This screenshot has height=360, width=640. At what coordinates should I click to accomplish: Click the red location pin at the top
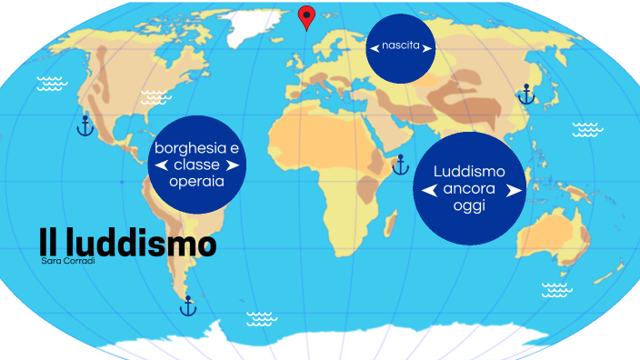tap(307, 15)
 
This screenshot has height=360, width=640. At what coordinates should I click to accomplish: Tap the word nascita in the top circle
tap(401, 45)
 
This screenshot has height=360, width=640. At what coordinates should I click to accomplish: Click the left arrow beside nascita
tap(374, 46)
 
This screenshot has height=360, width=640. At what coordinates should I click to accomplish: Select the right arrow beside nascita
tap(428, 46)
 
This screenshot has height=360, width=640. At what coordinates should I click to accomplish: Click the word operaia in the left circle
tap(196, 182)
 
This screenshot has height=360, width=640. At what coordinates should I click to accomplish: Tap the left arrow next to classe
tap(161, 165)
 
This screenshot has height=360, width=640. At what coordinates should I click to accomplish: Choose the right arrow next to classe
tap(233, 165)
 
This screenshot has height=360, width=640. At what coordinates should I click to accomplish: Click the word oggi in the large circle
tap(469, 206)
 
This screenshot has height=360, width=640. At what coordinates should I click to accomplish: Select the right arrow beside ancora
tap(514, 190)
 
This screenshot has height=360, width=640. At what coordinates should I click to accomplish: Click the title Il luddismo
tap(127, 244)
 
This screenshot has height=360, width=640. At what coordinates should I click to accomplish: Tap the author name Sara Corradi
tap(62, 262)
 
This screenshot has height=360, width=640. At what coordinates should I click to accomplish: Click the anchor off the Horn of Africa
tap(400, 165)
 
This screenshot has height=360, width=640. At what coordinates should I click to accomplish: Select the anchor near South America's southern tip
tap(188, 306)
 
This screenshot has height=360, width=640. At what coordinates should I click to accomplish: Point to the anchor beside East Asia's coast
tap(525, 94)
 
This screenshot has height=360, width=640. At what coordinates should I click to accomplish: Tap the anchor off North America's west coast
tap(85, 125)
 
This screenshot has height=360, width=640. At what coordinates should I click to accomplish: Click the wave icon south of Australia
tap(556, 290)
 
